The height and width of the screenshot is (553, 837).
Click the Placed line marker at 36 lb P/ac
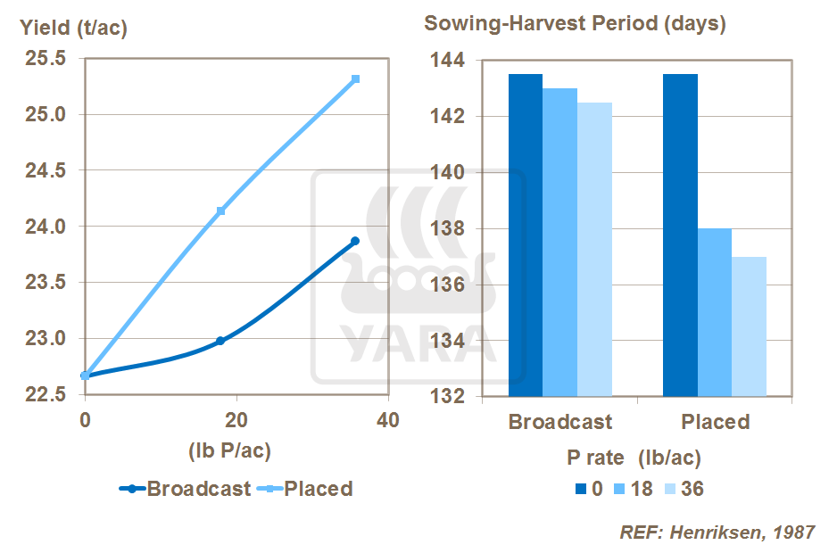tap(355, 79)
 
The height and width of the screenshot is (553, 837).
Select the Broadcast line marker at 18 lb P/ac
tap(220, 341)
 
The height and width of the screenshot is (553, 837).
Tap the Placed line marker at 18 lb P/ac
tap(220, 210)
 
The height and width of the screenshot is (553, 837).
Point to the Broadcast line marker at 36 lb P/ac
tap(355, 241)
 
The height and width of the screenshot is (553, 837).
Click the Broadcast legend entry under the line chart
tap(198, 489)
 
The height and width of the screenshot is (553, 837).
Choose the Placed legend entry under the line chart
tap(318, 489)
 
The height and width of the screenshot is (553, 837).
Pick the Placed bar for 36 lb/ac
tap(750, 326)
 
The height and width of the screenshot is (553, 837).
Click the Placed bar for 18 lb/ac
tap(715, 312)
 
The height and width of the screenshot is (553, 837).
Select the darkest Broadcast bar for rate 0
tap(525, 235)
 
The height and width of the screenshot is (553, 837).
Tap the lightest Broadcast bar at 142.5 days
tap(594, 250)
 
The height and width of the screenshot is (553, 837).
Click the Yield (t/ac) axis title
tap(74, 28)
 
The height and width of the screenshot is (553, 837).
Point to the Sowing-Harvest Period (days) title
tap(575, 24)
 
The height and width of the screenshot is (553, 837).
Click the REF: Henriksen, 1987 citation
tap(717, 532)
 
